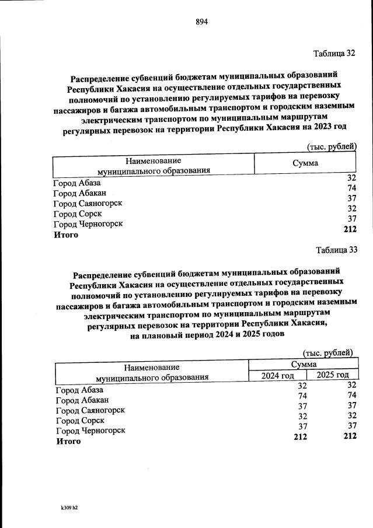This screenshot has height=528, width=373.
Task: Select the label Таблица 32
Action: tap(334, 54)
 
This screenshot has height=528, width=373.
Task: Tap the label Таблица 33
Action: tap(336, 250)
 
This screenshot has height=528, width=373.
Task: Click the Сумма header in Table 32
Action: tap(305, 163)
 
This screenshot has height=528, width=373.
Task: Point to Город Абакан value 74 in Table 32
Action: tap(351, 188)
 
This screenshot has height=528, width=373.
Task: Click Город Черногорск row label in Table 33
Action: tap(90, 431)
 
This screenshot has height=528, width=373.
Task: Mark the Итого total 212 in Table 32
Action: tap(350, 229)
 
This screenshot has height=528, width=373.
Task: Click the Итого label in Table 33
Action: tap(67, 442)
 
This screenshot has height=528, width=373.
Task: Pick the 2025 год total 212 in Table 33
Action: tap(350, 436)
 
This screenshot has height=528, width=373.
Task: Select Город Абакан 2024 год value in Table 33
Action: tap(302, 396)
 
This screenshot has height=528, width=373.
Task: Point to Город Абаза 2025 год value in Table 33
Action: tap(351, 384)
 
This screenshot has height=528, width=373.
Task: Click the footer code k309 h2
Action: tap(69, 508)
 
